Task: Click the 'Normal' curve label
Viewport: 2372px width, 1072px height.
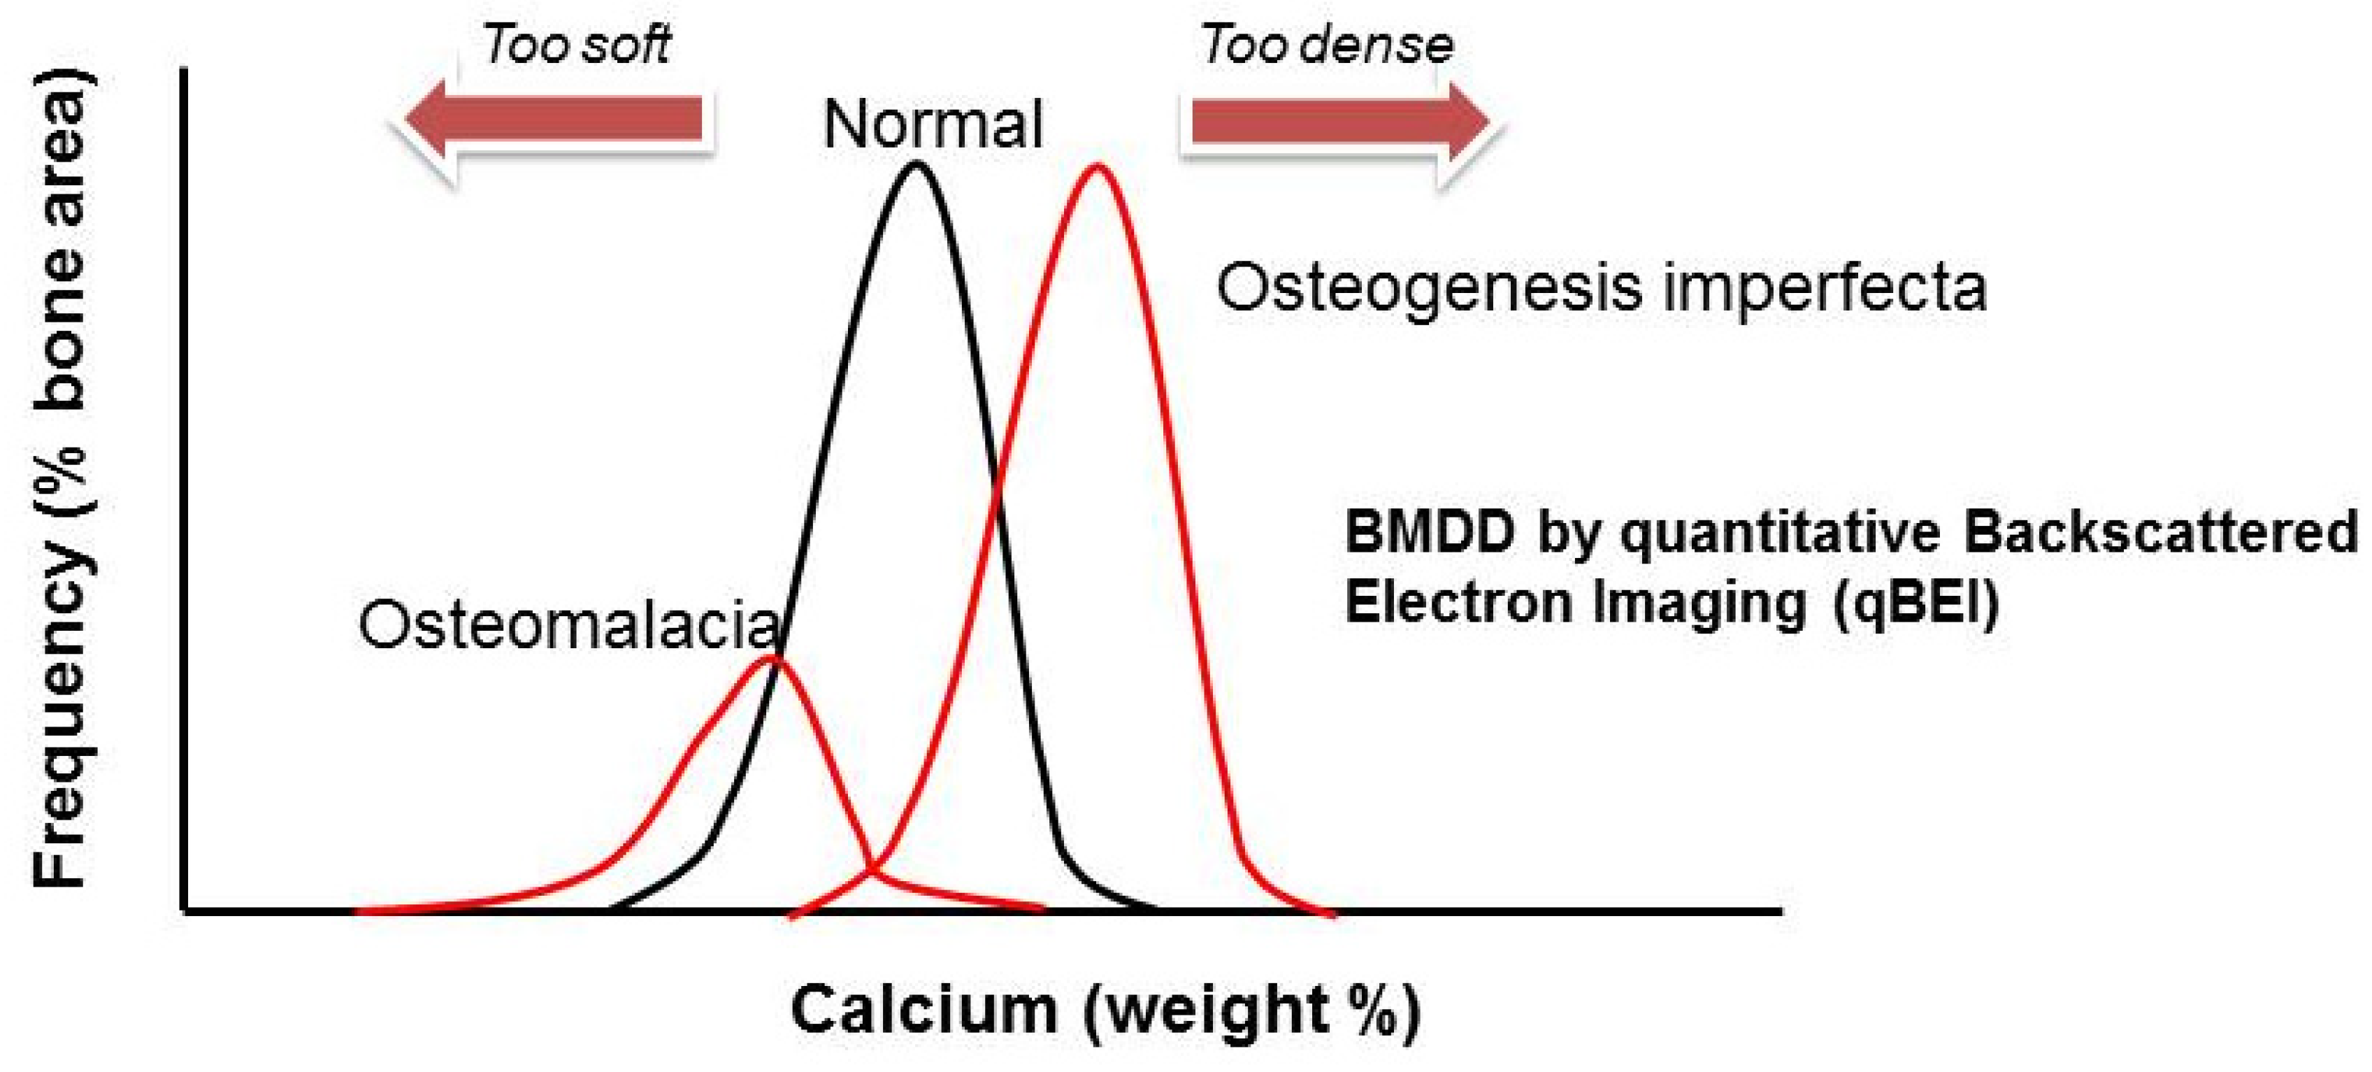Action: [932, 125]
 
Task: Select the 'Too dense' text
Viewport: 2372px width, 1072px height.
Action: [1327, 44]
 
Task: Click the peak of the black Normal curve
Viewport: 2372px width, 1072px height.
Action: [915, 166]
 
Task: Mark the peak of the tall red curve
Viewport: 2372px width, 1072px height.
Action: [1095, 168]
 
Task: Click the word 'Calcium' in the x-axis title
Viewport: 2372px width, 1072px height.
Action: [923, 1010]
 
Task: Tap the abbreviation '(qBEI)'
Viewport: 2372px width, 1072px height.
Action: [1915, 603]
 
